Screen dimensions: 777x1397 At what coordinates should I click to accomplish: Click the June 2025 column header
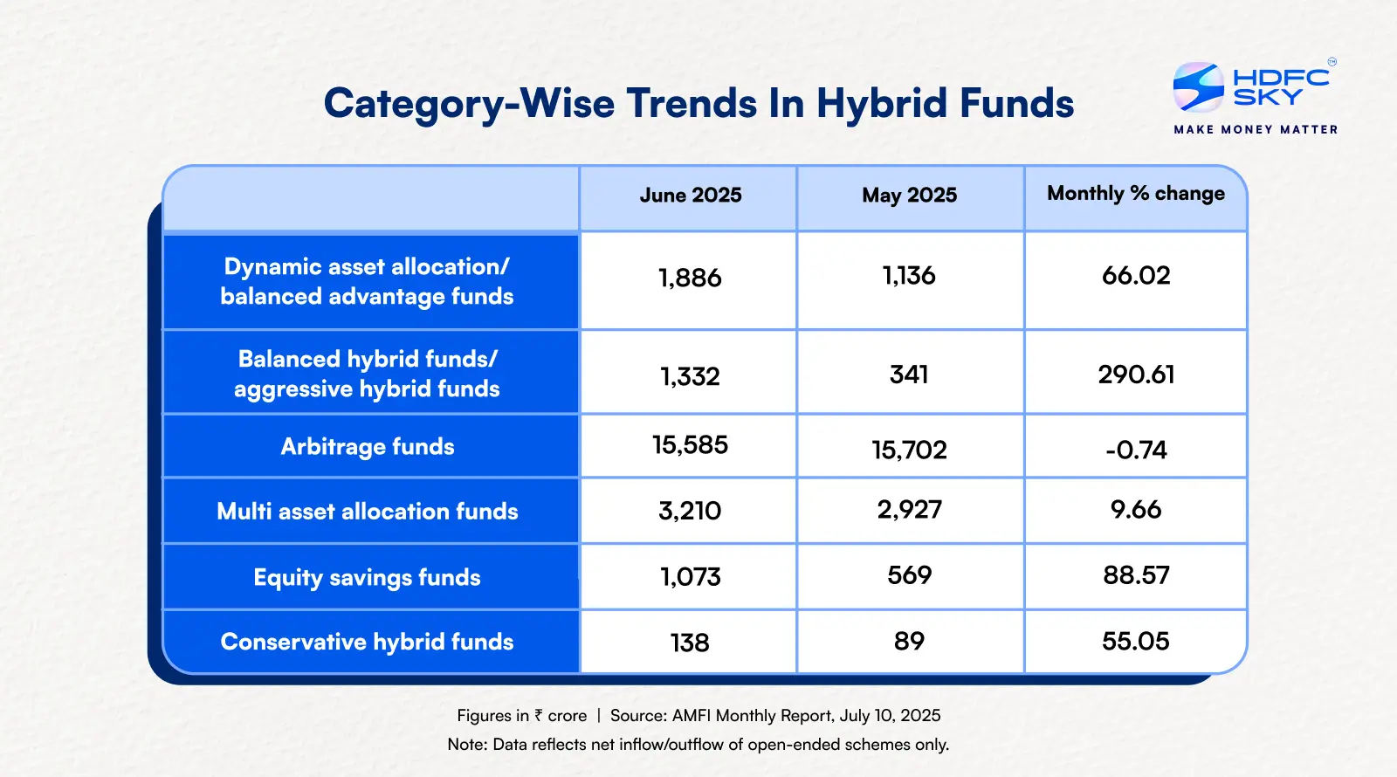[690, 195]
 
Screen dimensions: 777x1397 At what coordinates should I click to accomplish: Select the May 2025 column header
[909, 195]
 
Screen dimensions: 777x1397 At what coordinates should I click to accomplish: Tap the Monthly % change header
[1135, 193]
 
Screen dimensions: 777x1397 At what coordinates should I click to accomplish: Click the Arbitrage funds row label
[368, 446]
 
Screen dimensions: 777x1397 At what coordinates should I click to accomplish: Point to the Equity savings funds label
[367, 577]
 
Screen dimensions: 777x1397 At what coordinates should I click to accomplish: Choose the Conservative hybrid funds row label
[367, 642]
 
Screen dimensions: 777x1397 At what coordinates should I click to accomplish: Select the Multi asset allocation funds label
[367, 511]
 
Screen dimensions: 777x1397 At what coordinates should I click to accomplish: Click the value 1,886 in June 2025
[690, 278]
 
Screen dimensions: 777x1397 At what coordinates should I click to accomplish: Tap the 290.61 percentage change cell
[1136, 375]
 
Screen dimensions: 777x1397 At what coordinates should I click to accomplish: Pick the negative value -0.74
[1136, 450]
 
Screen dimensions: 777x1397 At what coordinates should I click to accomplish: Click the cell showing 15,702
[909, 450]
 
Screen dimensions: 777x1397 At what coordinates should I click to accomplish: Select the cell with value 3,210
[690, 511]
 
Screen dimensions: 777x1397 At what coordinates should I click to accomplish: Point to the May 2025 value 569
[909, 575]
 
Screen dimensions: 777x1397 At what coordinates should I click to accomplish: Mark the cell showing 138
[690, 643]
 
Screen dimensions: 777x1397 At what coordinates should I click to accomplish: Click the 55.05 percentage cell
[1136, 641]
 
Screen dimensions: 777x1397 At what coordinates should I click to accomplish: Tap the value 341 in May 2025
[909, 375]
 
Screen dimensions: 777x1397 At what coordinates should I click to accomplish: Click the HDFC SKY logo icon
[1198, 87]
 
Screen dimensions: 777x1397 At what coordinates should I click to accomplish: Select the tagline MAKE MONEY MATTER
[1256, 129]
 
